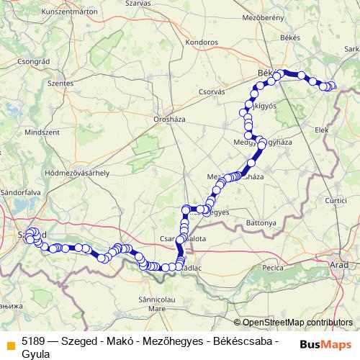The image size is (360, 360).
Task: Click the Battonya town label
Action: (260, 223)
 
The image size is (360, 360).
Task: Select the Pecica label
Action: (273, 267)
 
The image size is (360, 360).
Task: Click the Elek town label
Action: (321, 130)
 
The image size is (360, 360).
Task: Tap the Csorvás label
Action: (212, 91)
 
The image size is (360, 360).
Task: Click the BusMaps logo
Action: (326, 343)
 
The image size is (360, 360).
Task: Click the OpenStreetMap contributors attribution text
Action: (297, 323)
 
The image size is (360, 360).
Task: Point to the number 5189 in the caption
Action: (35, 338)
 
